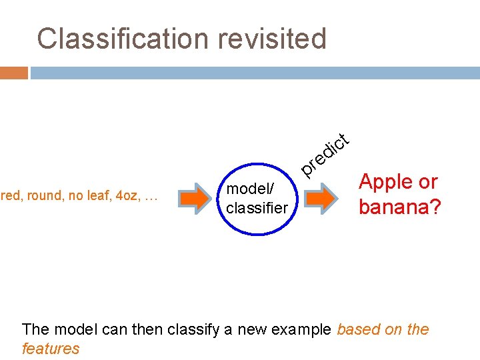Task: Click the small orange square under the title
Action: click(x=14, y=73)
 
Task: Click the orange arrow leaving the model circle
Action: click(x=323, y=198)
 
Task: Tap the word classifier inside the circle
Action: click(x=257, y=208)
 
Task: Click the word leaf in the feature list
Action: click(x=99, y=196)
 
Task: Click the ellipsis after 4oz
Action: click(x=151, y=196)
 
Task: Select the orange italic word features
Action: click(x=51, y=348)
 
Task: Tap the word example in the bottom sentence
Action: click(x=303, y=329)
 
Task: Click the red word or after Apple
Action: click(x=427, y=182)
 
